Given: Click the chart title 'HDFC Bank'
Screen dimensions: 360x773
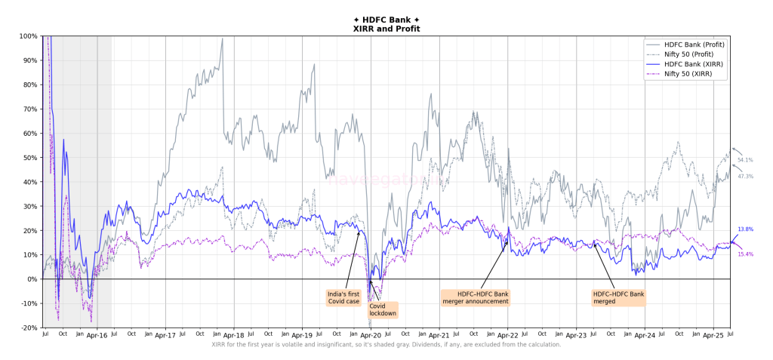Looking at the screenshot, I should [x=386, y=20].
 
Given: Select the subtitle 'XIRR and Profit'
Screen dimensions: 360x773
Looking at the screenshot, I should [x=386, y=29].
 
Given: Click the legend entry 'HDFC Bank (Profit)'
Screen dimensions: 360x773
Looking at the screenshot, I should [x=694, y=45].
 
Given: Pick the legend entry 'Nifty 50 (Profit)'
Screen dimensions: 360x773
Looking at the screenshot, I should [x=692, y=55].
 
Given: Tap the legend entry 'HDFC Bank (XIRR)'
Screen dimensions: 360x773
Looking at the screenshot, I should [x=692, y=65].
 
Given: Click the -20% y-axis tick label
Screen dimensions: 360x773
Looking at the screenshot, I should [x=29, y=328].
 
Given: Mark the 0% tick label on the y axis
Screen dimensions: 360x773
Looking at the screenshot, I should [x=32, y=279].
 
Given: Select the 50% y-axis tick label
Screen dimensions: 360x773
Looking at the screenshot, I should [x=30, y=158].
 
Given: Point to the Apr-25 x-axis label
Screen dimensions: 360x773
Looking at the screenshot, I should [x=713, y=334].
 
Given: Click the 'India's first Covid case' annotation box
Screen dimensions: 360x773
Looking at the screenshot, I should [x=343, y=297].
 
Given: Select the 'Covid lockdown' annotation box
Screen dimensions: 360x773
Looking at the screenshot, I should [x=383, y=309].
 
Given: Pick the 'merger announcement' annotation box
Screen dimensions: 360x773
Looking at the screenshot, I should [x=476, y=297].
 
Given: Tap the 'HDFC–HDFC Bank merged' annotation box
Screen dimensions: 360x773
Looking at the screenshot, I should [x=619, y=297].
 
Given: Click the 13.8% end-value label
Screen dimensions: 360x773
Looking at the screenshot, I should [x=745, y=229].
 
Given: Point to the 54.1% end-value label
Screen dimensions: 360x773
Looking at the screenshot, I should [x=745, y=160].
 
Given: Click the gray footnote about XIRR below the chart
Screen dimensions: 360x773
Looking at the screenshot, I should [x=386, y=345].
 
